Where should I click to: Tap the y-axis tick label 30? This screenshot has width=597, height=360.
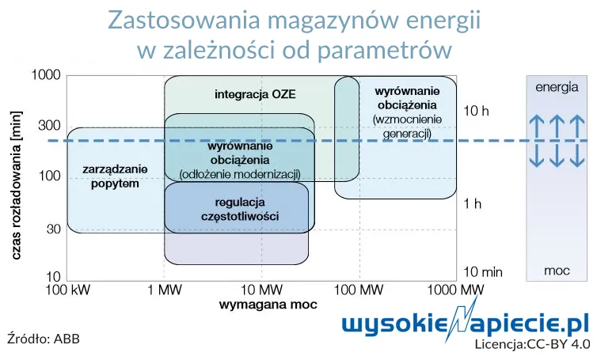(x=54, y=229)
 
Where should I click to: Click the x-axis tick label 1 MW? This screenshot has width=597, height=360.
(x=164, y=290)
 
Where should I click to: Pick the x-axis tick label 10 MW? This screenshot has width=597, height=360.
(x=260, y=290)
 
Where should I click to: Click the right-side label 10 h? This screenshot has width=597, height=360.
(x=477, y=111)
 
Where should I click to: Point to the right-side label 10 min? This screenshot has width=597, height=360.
(x=483, y=272)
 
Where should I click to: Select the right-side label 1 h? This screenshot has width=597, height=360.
(x=473, y=204)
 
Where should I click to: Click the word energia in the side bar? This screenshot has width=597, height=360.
(x=557, y=88)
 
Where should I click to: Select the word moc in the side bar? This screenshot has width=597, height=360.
(x=557, y=271)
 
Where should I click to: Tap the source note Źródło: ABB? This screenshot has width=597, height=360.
(x=44, y=339)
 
